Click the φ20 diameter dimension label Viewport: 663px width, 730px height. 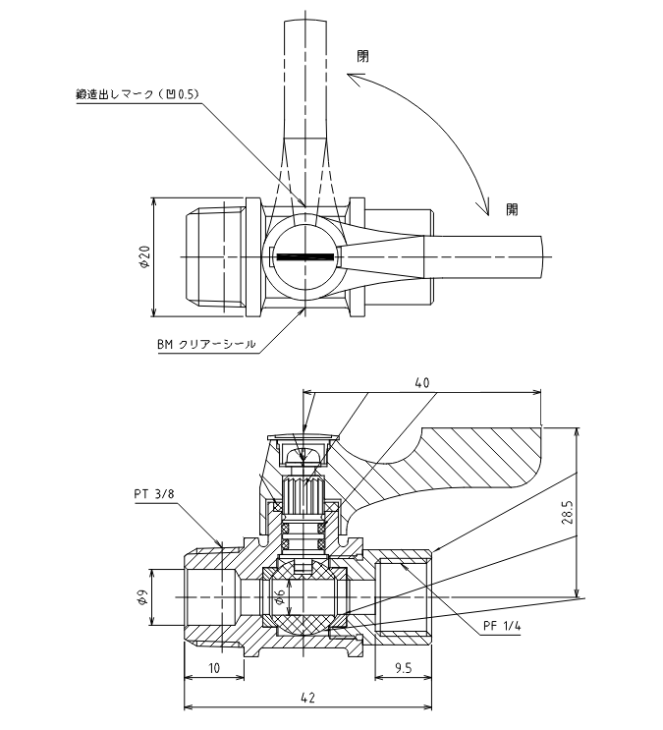click(x=145, y=257)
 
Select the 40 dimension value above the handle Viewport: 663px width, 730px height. click(x=421, y=383)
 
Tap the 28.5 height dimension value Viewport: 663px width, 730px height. click(x=568, y=513)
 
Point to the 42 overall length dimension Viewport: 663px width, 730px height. click(x=307, y=698)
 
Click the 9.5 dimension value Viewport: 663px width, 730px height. click(x=403, y=668)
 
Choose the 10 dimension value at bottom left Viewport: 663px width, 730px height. click(x=214, y=668)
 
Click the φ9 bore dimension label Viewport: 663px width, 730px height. click(x=143, y=597)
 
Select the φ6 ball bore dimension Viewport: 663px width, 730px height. click(x=280, y=596)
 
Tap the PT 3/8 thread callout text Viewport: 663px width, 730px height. click(x=154, y=493)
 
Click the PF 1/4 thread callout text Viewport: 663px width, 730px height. click(x=502, y=626)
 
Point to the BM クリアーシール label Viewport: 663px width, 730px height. click(x=206, y=345)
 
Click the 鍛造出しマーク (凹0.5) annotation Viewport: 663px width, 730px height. click(x=138, y=94)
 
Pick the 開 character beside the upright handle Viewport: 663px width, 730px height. click(x=362, y=56)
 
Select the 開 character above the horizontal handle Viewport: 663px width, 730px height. click(x=512, y=210)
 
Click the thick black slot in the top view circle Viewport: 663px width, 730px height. click(x=305, y=256)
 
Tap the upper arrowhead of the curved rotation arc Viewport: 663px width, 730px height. click(x=354, y=80)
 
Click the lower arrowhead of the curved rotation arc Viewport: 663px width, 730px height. click(x=485, y=207)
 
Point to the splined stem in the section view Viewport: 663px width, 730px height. click(x=304, y=495)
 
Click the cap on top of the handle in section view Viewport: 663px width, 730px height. click(x=304, y=436)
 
